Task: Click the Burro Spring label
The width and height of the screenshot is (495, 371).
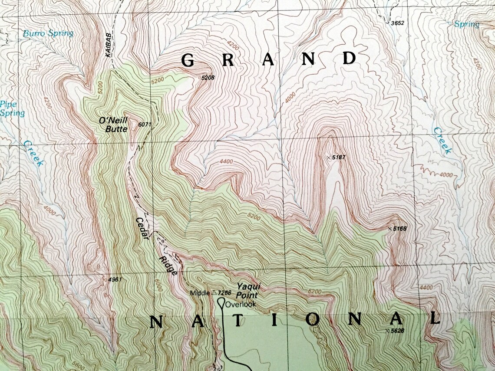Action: coord(48,33)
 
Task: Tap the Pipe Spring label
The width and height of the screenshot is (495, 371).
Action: coord(12,109)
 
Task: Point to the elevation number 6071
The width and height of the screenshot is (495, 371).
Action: coord(145,125)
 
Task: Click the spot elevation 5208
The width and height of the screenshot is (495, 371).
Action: coord(208,78)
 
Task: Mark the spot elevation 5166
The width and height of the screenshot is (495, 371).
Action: coord(399,228)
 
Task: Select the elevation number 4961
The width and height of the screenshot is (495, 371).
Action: coord(114,280)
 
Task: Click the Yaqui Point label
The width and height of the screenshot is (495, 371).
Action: coord(247,291)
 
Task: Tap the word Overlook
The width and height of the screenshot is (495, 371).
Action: coord(240,304)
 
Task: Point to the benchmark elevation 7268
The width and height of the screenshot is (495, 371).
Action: coord(225,293)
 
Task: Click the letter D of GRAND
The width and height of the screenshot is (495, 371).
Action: coord(349,58)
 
